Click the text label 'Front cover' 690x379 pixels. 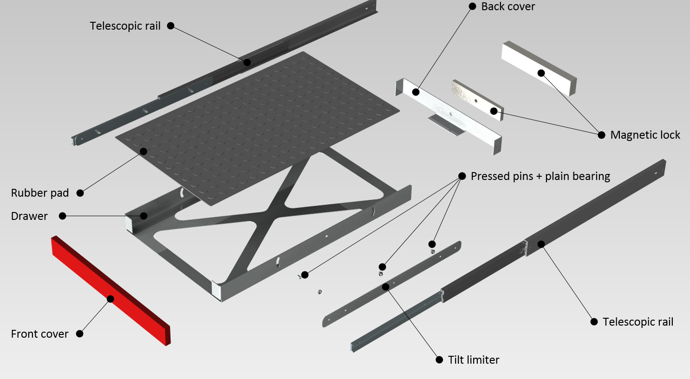coord(39,334)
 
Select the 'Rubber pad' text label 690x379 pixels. coord(40,193)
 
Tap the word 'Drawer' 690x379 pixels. coord(29,216)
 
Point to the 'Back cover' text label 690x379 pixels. coord(508,6)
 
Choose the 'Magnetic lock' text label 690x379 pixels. coord(645,135)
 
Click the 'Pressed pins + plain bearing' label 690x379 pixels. coord(540,176)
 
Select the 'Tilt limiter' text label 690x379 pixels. coord(474,360)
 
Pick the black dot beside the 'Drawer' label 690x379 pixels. coord(63,216)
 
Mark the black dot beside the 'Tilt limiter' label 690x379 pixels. coord(439,360)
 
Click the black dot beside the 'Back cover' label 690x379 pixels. coord(472,6)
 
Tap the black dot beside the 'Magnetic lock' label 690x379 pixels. coord(601,135)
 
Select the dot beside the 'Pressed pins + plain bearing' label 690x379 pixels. coord(462,176)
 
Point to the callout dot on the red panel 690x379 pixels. coord(111,299)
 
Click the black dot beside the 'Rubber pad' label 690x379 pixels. coord(80,193)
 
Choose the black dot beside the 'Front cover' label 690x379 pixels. coord(80,334)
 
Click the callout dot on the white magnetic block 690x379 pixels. coord(541,73)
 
